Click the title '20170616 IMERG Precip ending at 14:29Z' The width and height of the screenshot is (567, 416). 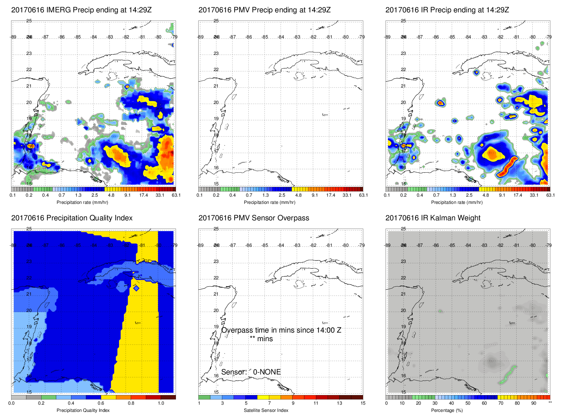click(81, 10)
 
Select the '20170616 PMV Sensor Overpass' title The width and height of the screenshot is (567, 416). click(253, 218)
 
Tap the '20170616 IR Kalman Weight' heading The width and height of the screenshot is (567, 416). click(433, 218)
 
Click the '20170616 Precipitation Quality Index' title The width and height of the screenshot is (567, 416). click(72, 218)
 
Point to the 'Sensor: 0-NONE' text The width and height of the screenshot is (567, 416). click(251, 372)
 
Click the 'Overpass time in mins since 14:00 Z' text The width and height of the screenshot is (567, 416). click(281, 330)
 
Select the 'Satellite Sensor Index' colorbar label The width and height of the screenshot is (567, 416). click(266, 410)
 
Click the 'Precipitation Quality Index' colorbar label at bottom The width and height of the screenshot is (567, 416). click(83, 410)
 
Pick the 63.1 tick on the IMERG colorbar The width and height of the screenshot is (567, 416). click(176, 195)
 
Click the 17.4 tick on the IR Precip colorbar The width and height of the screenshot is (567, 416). click(518, 195)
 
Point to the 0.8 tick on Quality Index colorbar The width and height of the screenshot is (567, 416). click(131, 403)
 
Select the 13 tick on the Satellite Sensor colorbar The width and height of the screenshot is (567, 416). click(339, 403)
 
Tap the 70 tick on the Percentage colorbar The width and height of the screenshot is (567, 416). click(500, 403)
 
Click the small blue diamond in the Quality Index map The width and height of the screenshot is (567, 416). click(136, 288)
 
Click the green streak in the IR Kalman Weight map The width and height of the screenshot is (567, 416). click(508, 375)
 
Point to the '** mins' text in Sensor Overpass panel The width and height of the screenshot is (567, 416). click(261, 339)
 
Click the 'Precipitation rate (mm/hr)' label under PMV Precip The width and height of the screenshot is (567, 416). click(269, 202)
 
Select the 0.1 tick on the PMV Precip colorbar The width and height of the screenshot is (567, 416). click(200, 195)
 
